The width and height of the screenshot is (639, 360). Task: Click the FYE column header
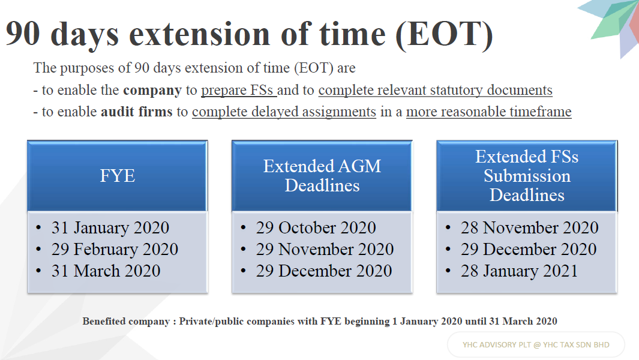tap(118, 176)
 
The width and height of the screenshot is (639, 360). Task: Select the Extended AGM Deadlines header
tap(322, 176)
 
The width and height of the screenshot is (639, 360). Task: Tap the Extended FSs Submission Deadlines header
tap(527, 176)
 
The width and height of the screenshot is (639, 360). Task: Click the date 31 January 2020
tap(110, 227)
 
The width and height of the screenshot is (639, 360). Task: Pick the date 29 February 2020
tap(115, 249)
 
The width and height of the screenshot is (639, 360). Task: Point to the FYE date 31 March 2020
tap(106, 271)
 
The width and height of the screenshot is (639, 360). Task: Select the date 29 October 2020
tap(316, 227)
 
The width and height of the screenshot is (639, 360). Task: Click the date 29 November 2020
tap(325, 249)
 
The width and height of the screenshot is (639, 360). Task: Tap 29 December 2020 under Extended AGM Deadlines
tap(324, 271)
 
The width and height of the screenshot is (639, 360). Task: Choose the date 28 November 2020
tap(529, 227)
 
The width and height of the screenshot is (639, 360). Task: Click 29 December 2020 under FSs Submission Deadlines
tap(529, 249)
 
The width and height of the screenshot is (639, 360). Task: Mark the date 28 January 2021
tap(519, 271)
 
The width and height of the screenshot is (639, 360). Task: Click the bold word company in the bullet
tap(152, 91)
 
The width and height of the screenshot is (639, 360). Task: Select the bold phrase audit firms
tap(137, 112)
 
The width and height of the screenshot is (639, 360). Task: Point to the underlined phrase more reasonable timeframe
tap(489, 112)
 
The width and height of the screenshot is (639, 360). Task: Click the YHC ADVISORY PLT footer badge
tap(536, 345)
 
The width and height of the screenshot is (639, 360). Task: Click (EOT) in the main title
tap(444, 34)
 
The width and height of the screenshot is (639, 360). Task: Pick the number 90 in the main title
tap(23, 34)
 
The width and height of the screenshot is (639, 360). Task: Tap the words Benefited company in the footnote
tap(126, 321)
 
